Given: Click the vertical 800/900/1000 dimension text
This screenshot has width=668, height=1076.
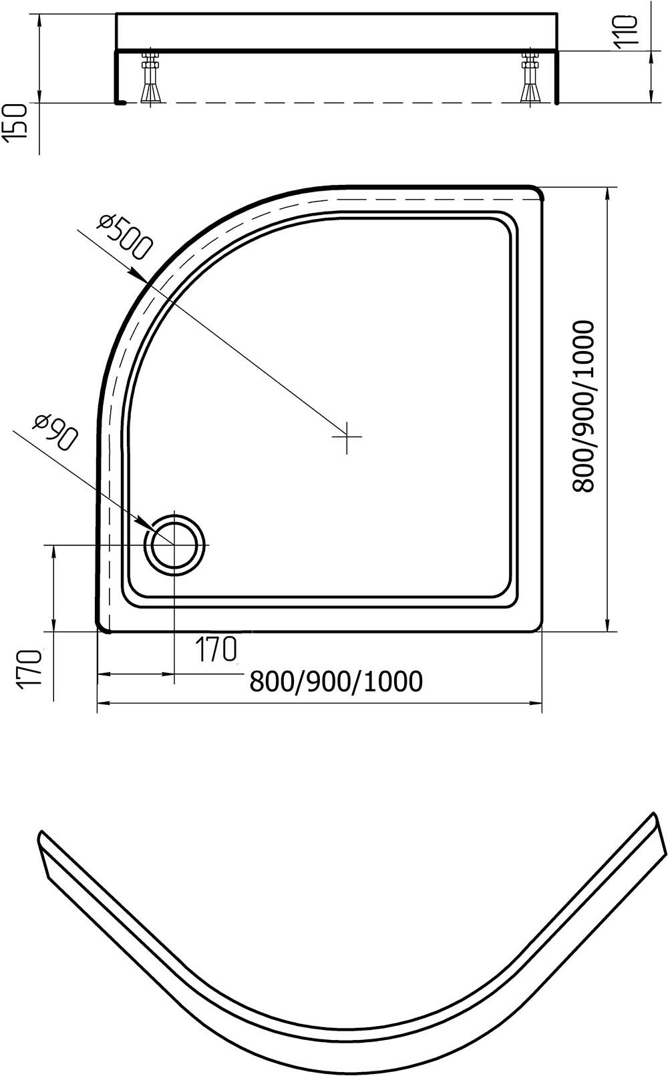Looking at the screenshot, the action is click(x=583, y=407).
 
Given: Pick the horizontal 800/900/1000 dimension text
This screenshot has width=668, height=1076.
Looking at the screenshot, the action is click(x=337, y=681).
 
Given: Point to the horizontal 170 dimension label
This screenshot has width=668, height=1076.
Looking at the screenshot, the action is click(x=216, y=649).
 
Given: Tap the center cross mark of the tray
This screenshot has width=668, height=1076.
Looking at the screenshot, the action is click(x=347, y=437).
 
